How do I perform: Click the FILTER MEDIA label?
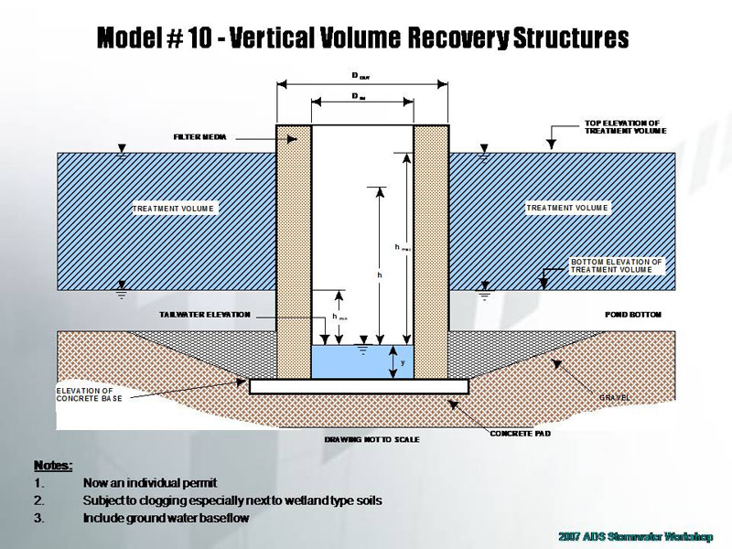tap(199, 137)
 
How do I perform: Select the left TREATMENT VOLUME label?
tap(174, 209)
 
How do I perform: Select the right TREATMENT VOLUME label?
tap(567, 209)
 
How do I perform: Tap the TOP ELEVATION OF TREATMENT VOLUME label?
tap(625, 126)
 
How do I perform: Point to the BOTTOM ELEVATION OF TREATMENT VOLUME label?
tap(616, 265)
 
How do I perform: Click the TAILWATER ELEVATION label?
tap(204, 315)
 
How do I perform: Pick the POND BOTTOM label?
tap(632, 315)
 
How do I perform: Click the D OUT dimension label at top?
tap(362, 78)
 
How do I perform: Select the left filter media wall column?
tap(294, 252)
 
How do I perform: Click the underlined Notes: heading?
tap(53, 465)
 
